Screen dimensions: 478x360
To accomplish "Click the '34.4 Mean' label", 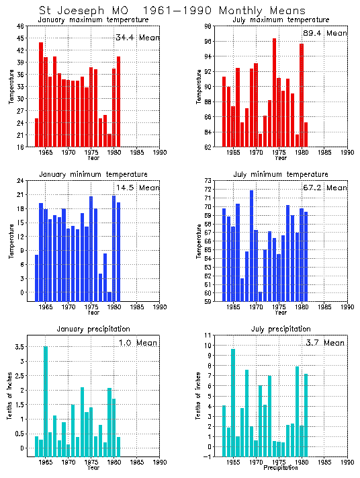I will (137, 38).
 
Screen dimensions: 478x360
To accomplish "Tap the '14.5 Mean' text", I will (137, 190).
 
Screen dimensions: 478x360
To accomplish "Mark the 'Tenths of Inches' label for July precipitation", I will (199, 397).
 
